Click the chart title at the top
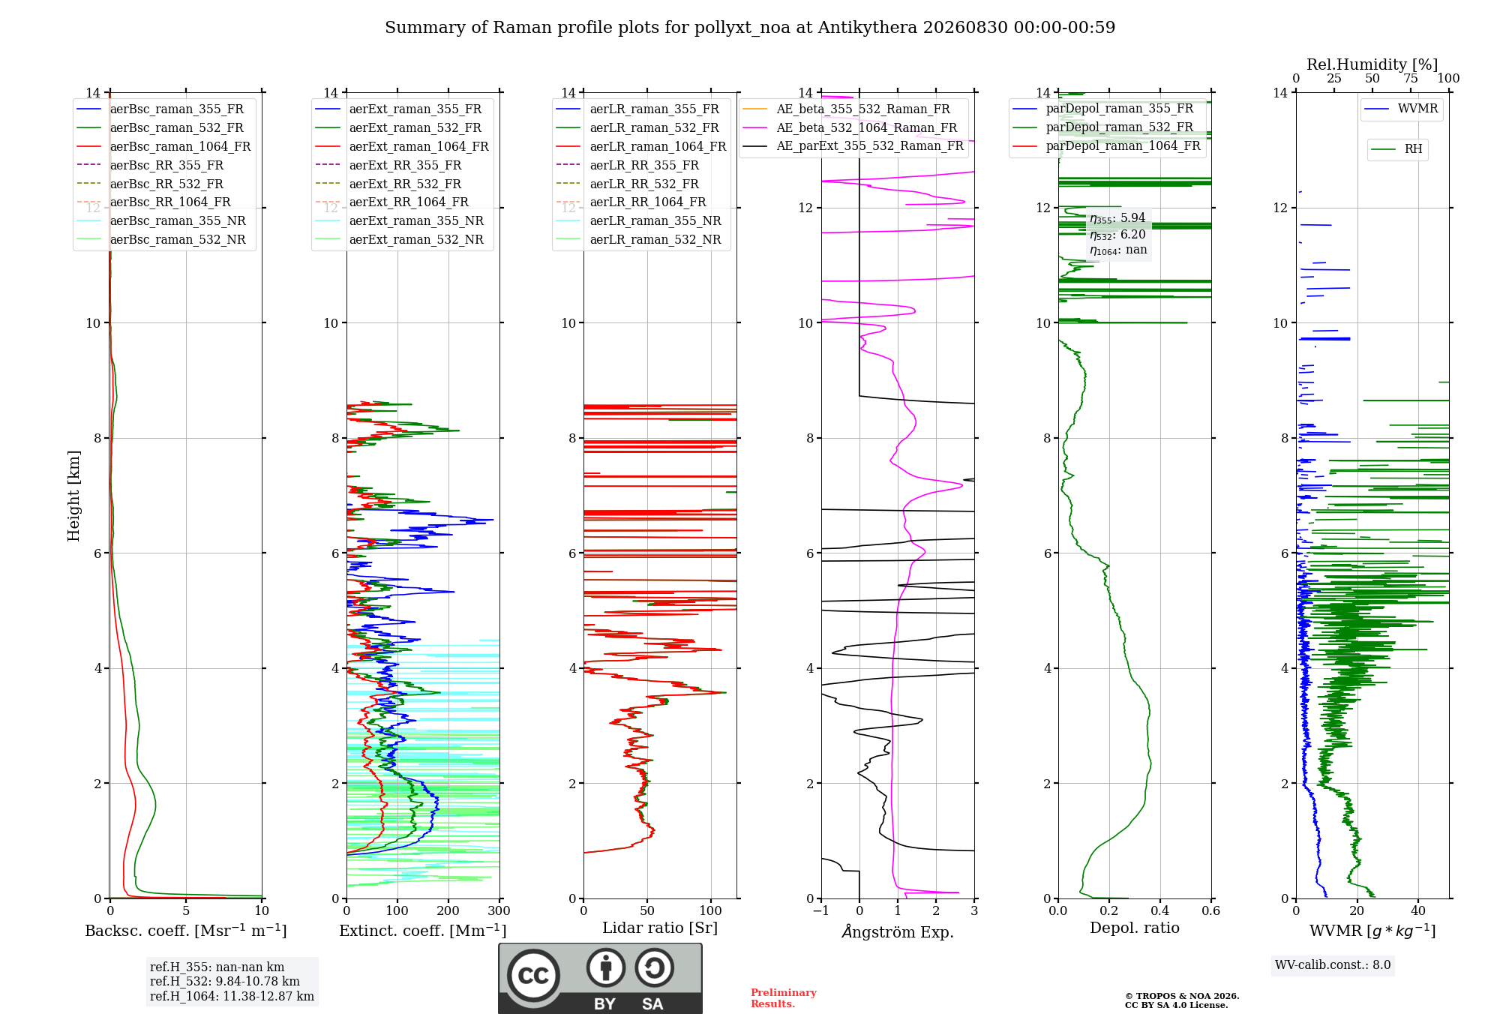click(x=750, y=28)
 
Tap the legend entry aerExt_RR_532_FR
click(x=405, y=184)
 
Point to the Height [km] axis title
click(x=73, y=496)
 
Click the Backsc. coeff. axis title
click(x=186, y=930)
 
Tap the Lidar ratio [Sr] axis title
click(x=660, y=928)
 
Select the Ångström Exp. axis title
click(x=898, y=931)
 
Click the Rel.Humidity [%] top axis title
click(x=1372, y=64)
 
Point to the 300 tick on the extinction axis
click(x=499, y=910)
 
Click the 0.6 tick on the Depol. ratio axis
click(x=1210, y=910)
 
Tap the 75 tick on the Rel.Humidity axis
click(x=1410, y=79)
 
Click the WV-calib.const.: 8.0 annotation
click(x=1333, y=965)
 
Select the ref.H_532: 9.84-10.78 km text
click(x=224, y=981)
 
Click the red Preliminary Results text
click(x=784, y=998)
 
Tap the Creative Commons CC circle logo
click(x=533, y=976)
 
